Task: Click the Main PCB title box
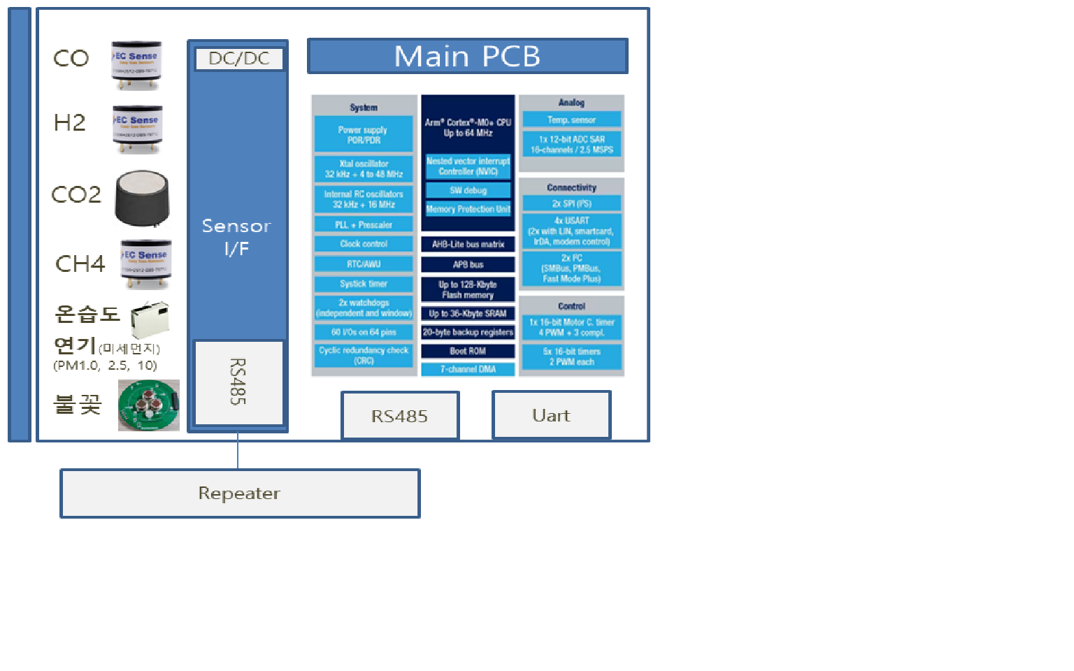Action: pos(467,56)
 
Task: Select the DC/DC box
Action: pos(239,59)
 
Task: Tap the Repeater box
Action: pos(239,493)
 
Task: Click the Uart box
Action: pos(551,415)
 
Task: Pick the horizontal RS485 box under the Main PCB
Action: pos(399,417)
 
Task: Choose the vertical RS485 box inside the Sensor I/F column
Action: pos(238,382)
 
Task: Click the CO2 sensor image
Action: pos(143,199)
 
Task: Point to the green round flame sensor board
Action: pos(148,405)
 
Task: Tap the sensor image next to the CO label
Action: pos(136,65)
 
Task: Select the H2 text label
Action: pos(70,123)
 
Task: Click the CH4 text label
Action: pos(80,264)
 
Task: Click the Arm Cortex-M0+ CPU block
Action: pos(468,127)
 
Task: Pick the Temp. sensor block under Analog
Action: pos(571,120)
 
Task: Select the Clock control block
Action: pos(364,244)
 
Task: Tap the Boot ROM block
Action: pos(468,351)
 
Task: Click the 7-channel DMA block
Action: pos(468,369)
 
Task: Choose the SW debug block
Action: pos(468,190)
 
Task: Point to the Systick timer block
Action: pos(364,284)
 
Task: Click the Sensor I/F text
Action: pos(236,237)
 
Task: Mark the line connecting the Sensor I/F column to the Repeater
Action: pos(238,451)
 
